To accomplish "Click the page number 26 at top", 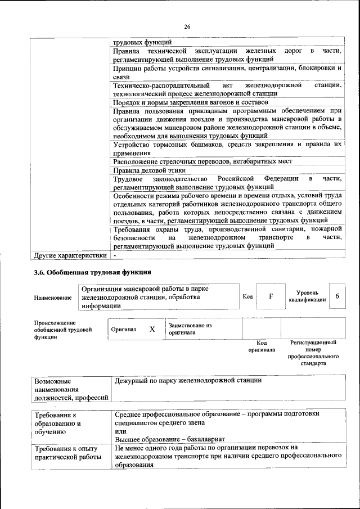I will point(187,26).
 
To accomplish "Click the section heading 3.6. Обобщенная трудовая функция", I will point(93,272).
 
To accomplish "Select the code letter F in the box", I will point(271,296).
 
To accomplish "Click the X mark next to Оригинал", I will point(152,329).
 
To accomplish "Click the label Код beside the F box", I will point(247,296).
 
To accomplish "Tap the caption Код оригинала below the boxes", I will point(261,346).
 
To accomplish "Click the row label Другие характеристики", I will point(70,255).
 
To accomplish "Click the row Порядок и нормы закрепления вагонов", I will point(190,102).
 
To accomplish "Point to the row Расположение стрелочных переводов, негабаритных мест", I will point(202,161).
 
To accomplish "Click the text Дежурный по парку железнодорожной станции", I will point(188,380).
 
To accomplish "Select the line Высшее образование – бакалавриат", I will point(169,439).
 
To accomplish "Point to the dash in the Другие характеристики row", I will point(114,255).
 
